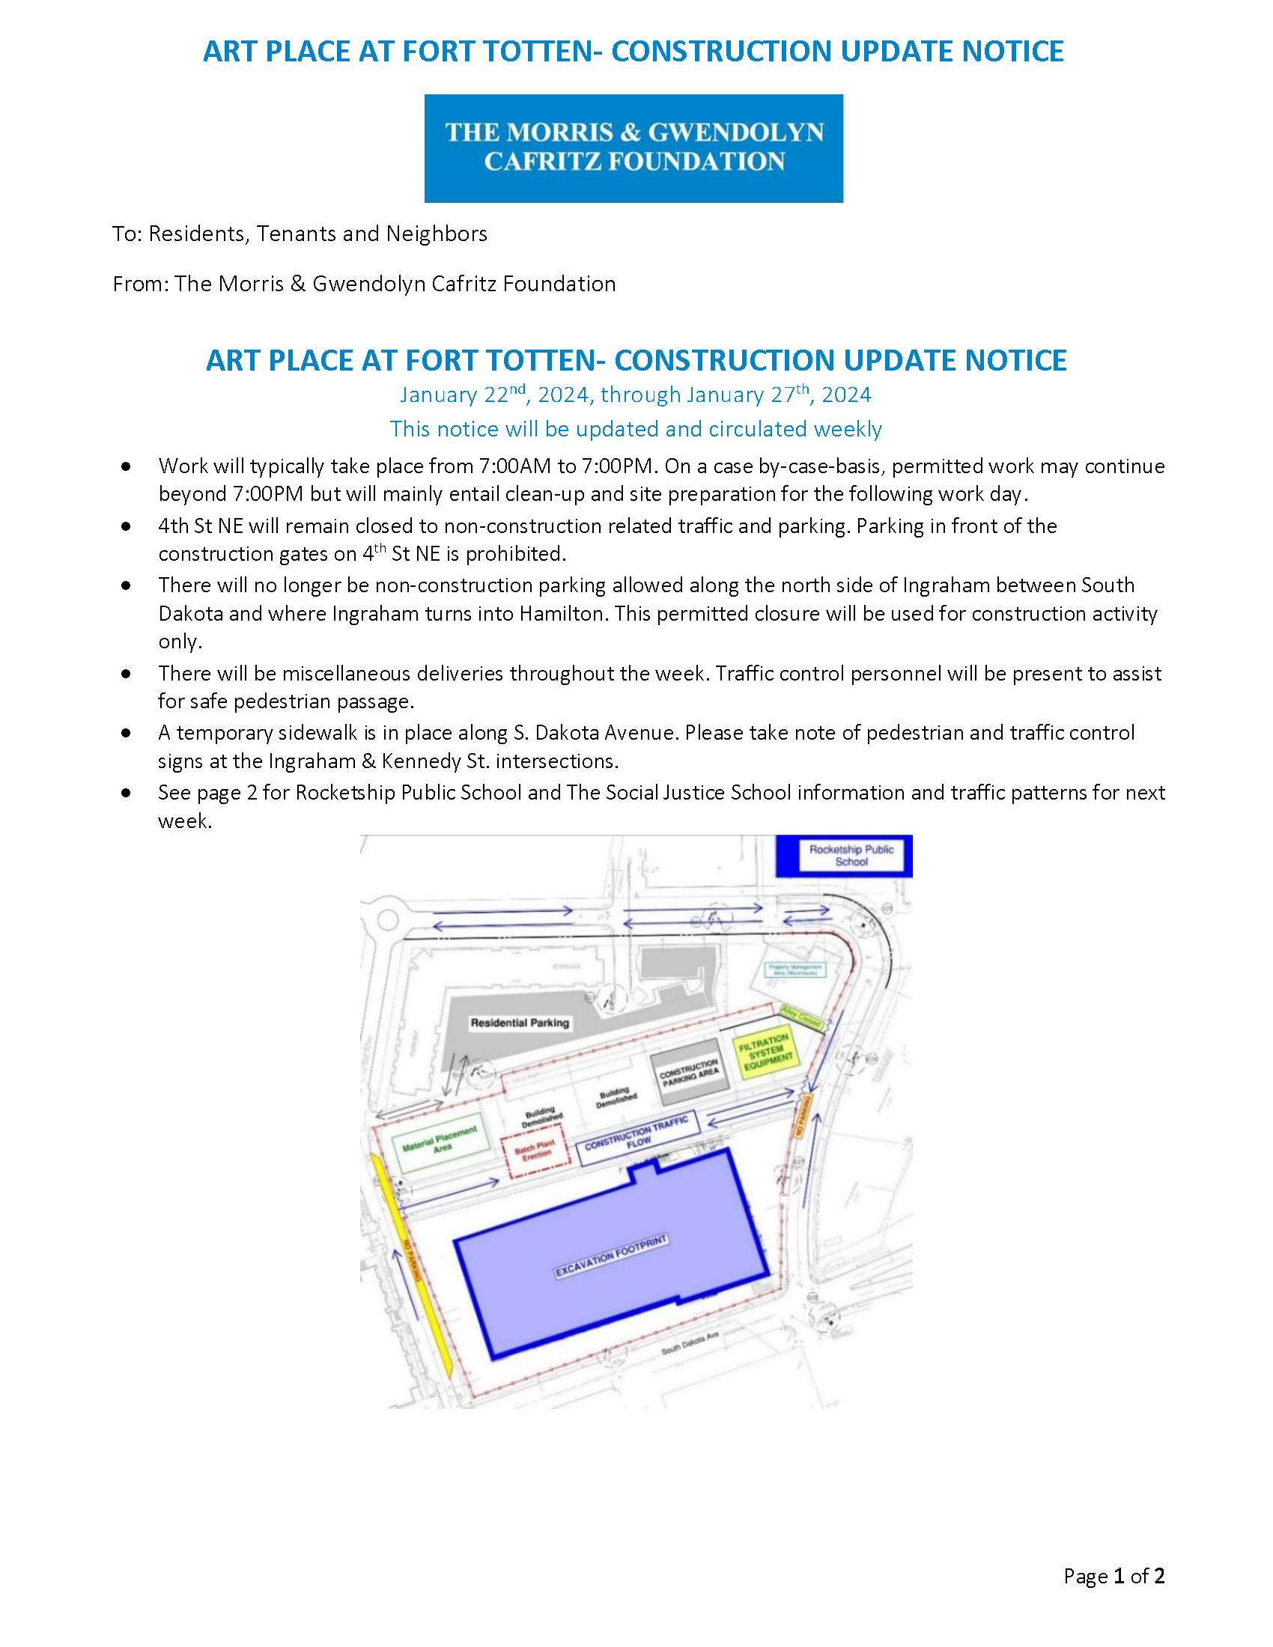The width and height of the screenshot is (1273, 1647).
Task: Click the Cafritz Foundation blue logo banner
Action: [x=634, y=147]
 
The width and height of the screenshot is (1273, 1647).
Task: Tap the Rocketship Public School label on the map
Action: [x=851, y=855]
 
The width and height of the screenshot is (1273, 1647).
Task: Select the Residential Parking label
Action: [x=520, y=1023]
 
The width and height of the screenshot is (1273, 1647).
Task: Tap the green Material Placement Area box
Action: [x=440, y=1142]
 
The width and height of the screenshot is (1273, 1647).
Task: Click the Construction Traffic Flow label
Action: [x=638, y=1133]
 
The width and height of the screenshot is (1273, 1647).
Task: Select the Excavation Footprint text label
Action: [x=612, y=1256]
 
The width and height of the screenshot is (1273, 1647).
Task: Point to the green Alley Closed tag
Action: [x=800, y=1017]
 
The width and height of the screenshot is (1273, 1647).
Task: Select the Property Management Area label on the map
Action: [x=795, y=969]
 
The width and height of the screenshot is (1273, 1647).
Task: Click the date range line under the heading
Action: [x=635, y=395]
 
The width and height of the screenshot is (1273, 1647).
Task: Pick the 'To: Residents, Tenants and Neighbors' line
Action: [x=300, y=234]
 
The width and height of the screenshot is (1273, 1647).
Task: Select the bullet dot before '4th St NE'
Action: [x=126, y=526]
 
